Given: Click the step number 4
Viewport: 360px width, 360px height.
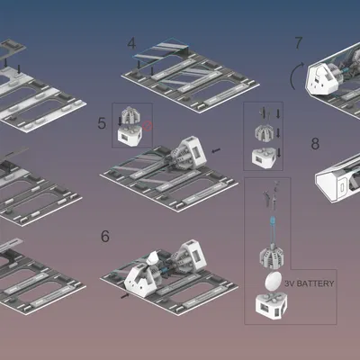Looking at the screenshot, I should (x=132, y=43).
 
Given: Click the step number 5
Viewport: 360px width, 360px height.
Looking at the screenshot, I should (x=103, y=121).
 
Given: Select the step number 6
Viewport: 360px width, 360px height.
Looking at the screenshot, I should (x=105, y=237).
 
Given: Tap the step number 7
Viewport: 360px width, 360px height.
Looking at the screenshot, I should (x=299, y=43).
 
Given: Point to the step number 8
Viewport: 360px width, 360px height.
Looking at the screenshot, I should (x=315, y=144).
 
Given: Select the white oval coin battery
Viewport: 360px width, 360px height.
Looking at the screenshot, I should (x=271, y=282).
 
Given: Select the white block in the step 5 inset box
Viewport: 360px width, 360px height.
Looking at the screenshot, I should (x=131, y=136).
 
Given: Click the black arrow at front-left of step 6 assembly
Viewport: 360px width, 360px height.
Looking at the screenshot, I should (x=123, y=293).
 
